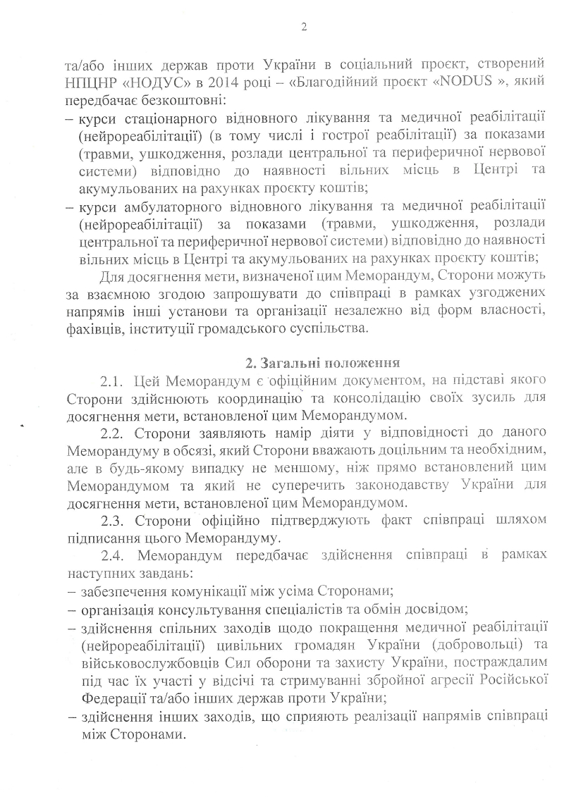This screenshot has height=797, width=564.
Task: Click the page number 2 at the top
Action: point(304,27)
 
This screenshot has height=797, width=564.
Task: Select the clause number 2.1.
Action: point(113,382)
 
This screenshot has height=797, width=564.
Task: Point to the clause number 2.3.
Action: point(113,521)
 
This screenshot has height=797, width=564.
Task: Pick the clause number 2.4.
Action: point(113,557)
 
